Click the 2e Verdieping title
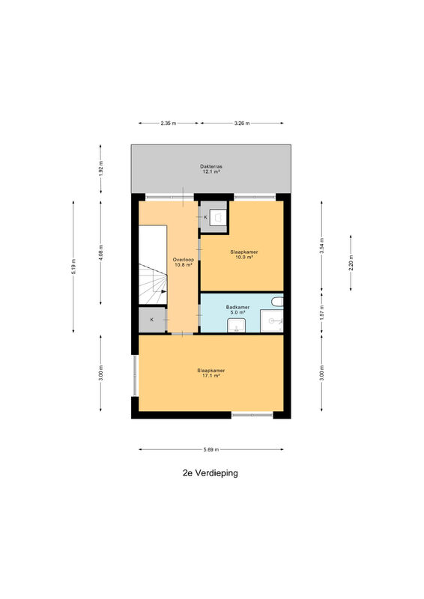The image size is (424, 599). [x=211, y=473]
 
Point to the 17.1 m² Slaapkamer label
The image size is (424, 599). [x=211, y=373]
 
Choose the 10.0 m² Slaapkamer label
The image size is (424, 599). [x=244, y=255]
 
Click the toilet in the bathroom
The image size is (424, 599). [x=277, y=302]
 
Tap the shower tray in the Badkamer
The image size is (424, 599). [x=271, y=321]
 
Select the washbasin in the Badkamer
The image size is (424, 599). [x=237, y=326]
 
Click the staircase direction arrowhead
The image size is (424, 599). [x=163, y=291]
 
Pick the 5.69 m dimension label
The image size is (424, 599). [x=211, y=450]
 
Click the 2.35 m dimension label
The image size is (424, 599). [x=169, y=124]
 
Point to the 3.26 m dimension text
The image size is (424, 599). [x=242, y=124]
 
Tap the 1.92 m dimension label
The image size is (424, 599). [x=100, y=169]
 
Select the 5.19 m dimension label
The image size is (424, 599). [x=73, y=267]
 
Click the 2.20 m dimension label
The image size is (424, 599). [x=351, y=263]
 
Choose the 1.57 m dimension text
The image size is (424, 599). [x=321, y=312]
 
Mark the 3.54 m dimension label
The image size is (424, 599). [x=321, y=246]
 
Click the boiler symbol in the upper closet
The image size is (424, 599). [x=218, y=217]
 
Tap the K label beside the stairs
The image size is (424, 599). [x=152, y=320]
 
